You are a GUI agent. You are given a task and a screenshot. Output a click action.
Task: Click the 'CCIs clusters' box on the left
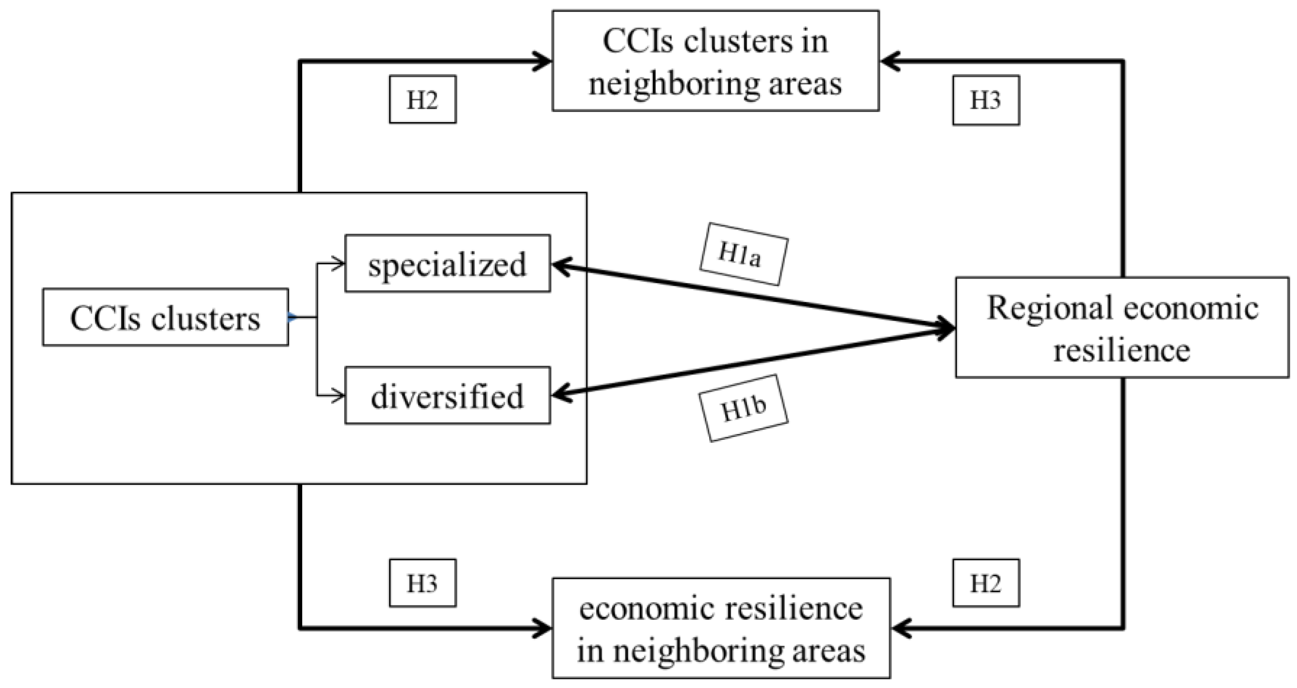tap(165, 317)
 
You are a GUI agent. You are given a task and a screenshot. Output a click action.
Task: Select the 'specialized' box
tap(447, 264)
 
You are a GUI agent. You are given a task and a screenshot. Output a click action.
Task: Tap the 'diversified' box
tap(447, 395)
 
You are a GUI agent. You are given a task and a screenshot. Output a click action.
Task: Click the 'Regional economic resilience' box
tap(1122, 327)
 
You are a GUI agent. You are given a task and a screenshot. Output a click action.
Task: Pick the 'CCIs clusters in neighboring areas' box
tap(715, 61)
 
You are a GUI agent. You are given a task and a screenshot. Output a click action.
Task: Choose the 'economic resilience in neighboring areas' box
tap(721, 628)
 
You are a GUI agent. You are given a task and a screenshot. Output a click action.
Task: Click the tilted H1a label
tap(743, 254)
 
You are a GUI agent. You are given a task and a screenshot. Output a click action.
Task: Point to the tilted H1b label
tap(743, 408)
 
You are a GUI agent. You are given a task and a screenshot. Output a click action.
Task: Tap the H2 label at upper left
tap(422, 99)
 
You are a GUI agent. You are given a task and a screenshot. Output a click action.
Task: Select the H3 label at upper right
tap(985, 100)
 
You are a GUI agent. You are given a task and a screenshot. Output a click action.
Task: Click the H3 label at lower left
tap(422, 583)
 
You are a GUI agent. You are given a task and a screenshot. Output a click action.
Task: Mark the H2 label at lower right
tap(985, 583)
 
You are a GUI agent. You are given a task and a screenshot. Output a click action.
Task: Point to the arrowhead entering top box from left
tap(544, 61)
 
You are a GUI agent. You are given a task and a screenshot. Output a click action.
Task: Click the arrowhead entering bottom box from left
tap(544, 629)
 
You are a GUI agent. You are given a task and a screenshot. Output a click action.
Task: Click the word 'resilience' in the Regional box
tap(1122, 350)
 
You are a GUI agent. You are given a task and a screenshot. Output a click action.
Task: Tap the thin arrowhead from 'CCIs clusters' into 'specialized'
tap(338, 264)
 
